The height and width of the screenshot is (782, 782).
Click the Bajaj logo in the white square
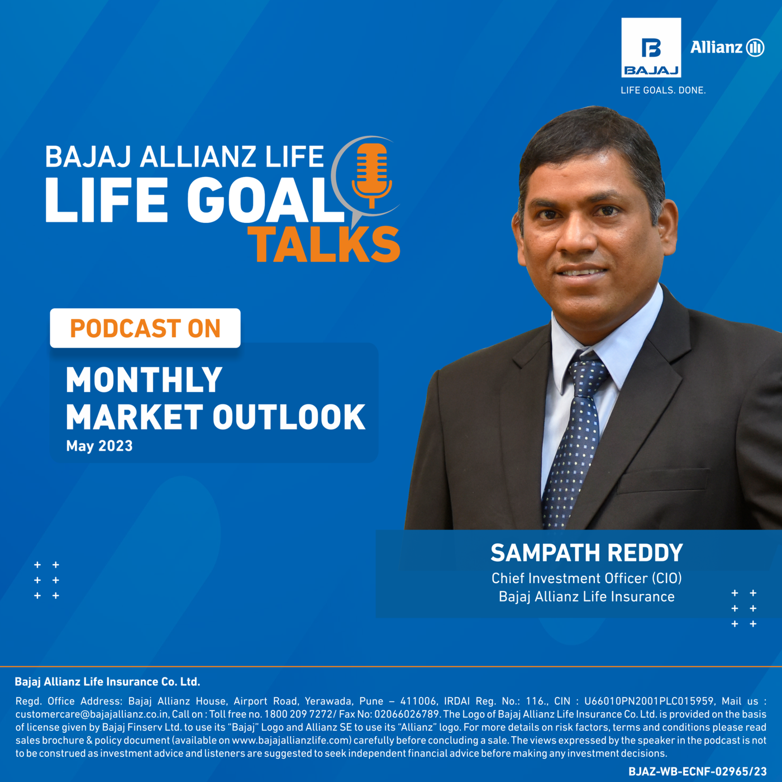click(x=651, y=47)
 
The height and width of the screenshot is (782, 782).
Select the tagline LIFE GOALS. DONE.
click(x=663, y=90)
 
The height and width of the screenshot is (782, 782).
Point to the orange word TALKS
click(x=324, y=244)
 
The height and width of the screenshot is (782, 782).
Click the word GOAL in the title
click(x=265, y=199)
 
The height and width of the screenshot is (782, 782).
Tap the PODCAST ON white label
click(x=145, y=328)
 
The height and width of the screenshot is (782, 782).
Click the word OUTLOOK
click(x=289, y=417)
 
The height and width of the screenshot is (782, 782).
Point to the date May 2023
click(x=99, y=446)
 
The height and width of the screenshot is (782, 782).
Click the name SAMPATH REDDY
click(x=587, y=553)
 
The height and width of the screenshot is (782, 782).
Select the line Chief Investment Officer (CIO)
click(x=587, y=578)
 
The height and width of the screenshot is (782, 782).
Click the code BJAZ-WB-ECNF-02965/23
click(x=698, y=771)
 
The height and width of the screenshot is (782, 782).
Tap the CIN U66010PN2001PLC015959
click(x=649, y=701)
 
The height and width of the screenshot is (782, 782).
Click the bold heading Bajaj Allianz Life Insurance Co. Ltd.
click(x=108, y=682)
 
